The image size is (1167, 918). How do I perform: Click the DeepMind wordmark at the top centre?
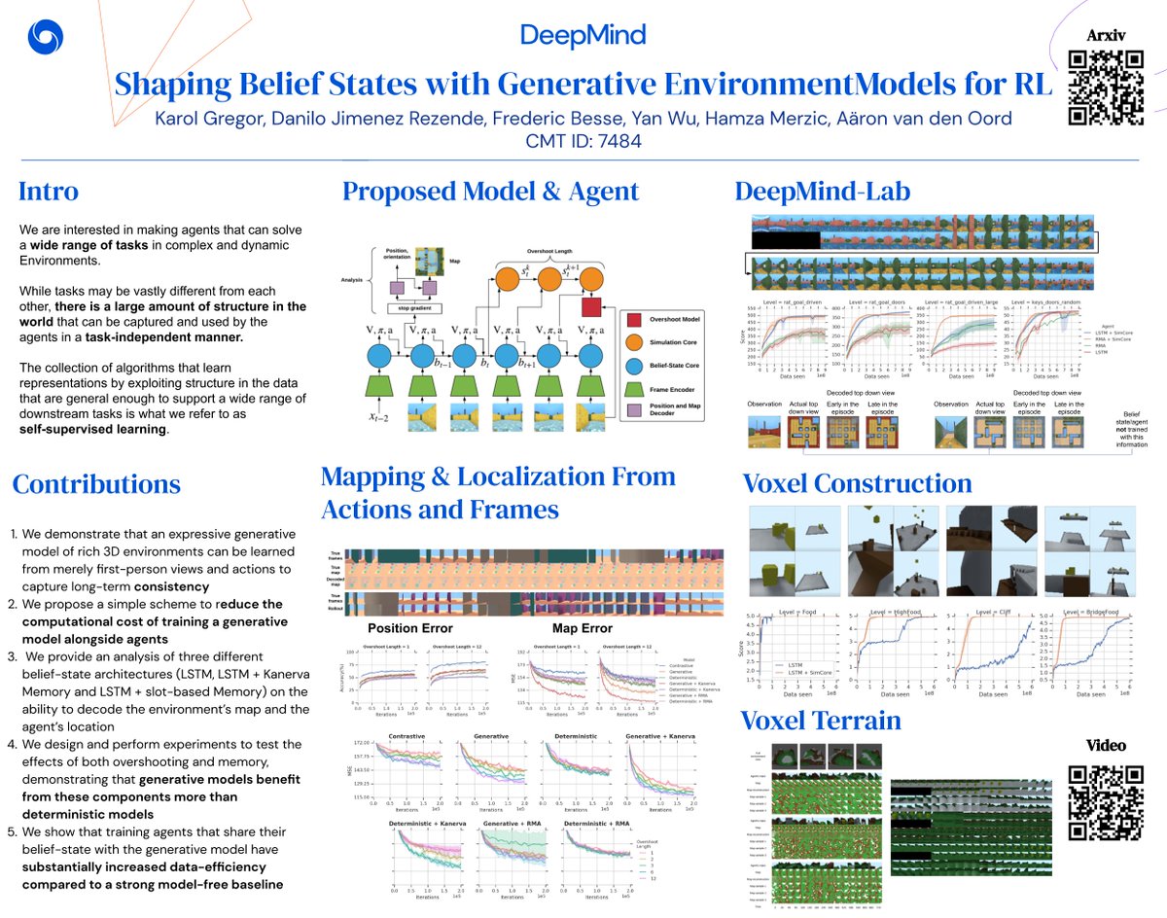coord(583,36)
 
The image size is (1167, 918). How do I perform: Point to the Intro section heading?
coord(49,192)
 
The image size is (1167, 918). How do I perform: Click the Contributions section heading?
coord(96,483)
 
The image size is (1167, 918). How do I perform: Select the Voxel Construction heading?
coord(857,483)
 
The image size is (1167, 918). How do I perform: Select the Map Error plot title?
coord(583,628)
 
